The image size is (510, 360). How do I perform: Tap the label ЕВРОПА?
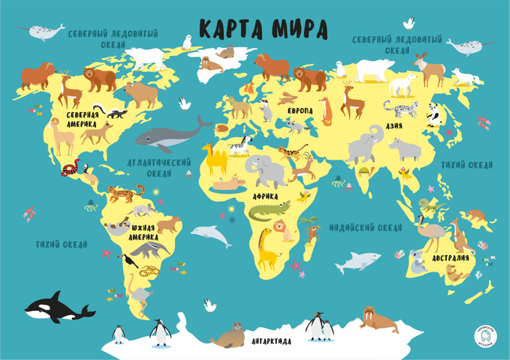[x=299, y=110]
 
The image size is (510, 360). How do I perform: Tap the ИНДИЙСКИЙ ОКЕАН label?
[x=365, y=228]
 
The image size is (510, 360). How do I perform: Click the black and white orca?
[x=58, y=308]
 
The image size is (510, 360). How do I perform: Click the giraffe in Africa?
[x=269, y=249]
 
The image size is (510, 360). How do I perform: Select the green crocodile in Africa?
[x=268, y=212]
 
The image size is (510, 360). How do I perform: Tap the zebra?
[x=239, y=145]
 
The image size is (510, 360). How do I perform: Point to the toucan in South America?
[x=130, y=259]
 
